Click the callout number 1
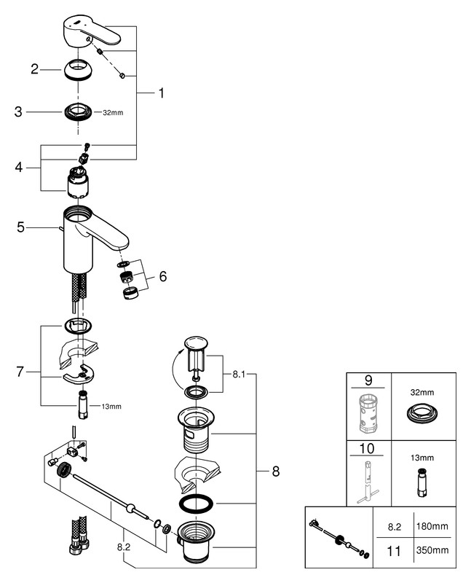point(161,93)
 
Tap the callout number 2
point(34,70)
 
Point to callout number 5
point(20,227)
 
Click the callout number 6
point(162,276)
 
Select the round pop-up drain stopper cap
point(196,342)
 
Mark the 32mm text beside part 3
point(113,113)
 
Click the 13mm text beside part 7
point(111,406)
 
